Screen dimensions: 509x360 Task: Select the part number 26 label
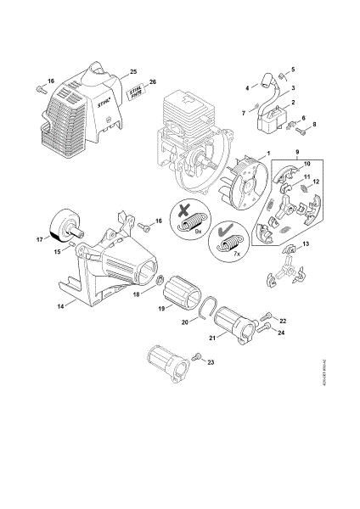(x=153, y=81)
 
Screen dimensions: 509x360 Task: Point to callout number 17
(x=40, y=240)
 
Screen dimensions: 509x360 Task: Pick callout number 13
(x=306, y=244)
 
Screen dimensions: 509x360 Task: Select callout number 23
(x=211, y=361)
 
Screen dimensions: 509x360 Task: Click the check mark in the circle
(x=225, y=231)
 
